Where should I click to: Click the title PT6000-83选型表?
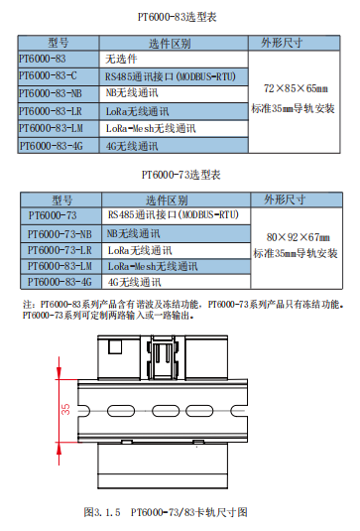pos(177,17)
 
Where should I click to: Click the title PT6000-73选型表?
pos(181,175)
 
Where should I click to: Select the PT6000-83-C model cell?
pos(59,76)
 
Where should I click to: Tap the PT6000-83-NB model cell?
pos(59,94)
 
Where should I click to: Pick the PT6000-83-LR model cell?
pos(59,111)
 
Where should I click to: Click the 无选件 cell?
pos(174,60)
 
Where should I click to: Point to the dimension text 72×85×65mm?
pos(296,88)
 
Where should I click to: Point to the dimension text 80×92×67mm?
pos(299,237)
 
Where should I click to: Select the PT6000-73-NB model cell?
pos(60,234)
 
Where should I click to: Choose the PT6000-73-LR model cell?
pos(60,250)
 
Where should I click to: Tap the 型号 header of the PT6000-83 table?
pos(59,43)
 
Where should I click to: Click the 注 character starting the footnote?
pos(28,304)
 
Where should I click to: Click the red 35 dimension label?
pos(65,409)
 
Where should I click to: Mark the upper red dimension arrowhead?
pos(60,371)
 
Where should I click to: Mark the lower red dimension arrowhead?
pos(60,450)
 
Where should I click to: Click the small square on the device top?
pos(115,346)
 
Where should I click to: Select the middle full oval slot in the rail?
pos(166,411)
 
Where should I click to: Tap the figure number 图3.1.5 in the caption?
pos(102,512)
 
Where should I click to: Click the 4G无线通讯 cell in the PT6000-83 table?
pos(174,146)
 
